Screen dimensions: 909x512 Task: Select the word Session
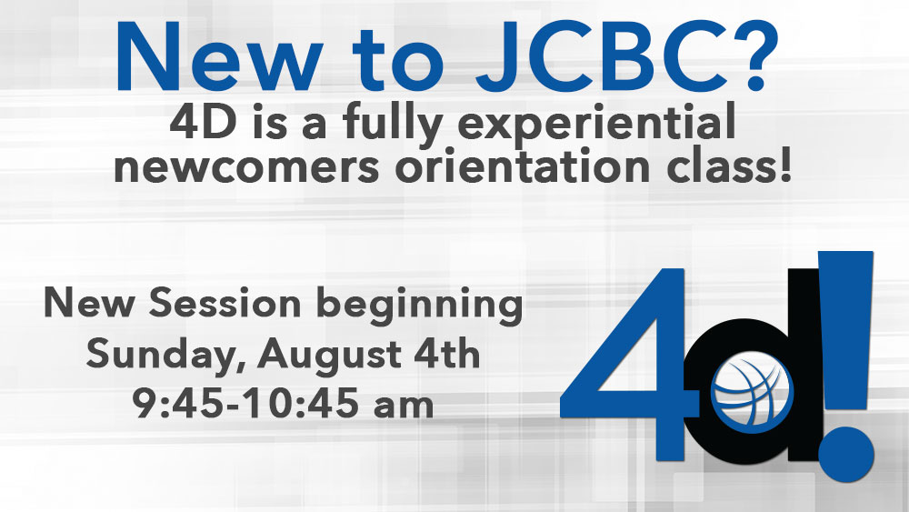(225, 303)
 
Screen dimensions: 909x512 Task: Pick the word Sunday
(165, 356)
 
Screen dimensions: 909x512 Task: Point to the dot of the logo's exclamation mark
(845, 452)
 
